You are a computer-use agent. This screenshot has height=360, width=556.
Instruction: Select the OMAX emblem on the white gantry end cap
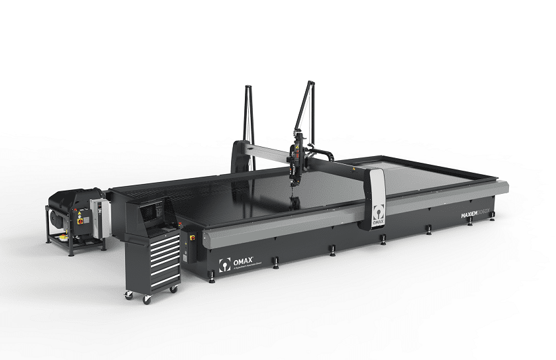(x=375, y=214)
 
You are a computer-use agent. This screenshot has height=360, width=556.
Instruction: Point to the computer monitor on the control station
(x=152, y=212)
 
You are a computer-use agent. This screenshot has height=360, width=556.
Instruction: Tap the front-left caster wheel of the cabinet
(x=146, y=299)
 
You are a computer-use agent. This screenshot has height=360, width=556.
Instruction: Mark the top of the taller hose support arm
(x=309, y=82)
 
